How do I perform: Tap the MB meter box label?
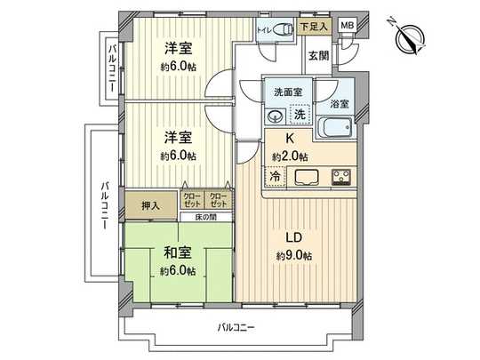tap(348, 27)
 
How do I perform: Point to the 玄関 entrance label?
tap(317, 55)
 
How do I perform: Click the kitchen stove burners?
tap(341, 177)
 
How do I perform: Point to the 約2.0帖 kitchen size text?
tap(290, 156)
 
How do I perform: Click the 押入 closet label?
tap(151, 205)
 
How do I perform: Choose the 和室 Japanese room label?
tap(178, 252)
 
